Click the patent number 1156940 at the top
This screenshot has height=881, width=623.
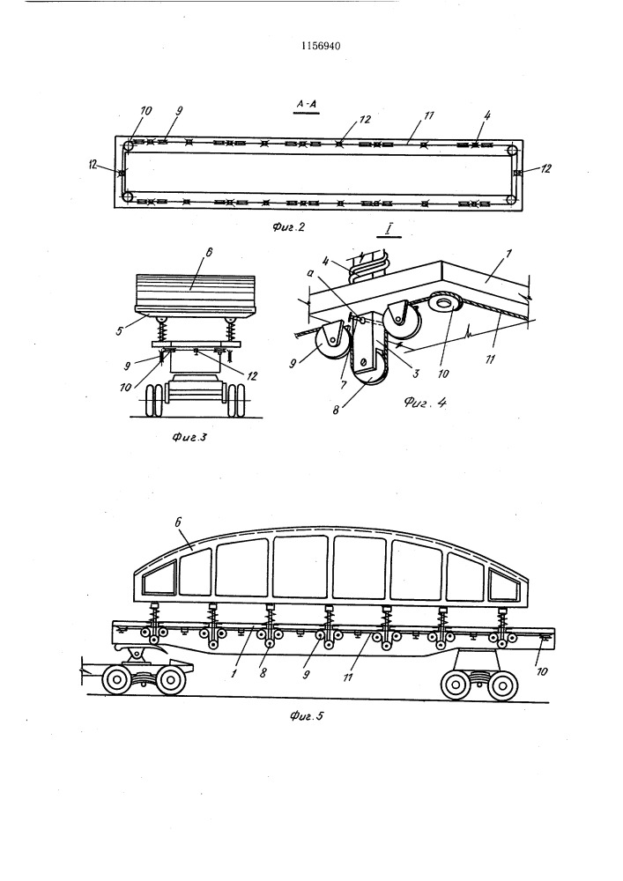[x=321, y=46]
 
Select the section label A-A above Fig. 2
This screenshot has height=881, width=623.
[x=307, y=104]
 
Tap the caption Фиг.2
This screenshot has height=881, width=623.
[x=288, y=227]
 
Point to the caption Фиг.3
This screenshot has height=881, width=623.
[x=189, y=437]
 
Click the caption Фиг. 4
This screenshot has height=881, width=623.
[x=426, y=403]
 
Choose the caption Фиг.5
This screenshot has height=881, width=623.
[x=308, y=715]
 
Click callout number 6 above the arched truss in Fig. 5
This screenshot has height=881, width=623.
[x=178, y=522]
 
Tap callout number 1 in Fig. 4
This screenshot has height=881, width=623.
[x=508, y=255]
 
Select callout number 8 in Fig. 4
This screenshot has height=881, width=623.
[x=336, y=410]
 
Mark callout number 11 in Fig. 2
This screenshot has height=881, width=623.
[x=429, y=115]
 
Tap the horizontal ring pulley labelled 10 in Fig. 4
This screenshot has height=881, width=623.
[x=445, y=304]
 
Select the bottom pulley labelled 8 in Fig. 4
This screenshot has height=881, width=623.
[x=368, y=374]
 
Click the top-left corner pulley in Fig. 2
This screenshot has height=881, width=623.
[x=129, y=146]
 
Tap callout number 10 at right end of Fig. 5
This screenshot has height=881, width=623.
[x=541, y=671]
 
